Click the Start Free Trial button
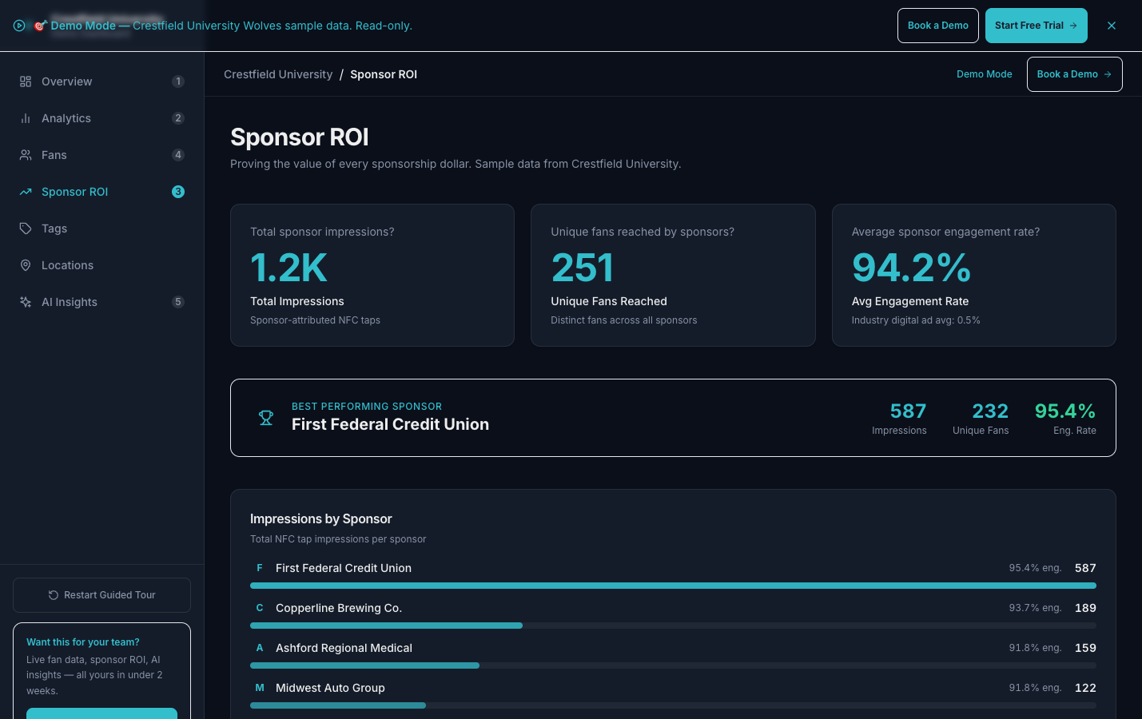coord(1036,26)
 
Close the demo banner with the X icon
coord(1112,26)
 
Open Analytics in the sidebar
coord(66,118)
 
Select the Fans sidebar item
coord(54,155)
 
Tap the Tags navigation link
coord(54,228)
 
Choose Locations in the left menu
coord(67,265)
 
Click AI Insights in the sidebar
coord(70,302)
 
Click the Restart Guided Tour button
coord(101,595)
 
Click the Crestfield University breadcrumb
coord(278,74)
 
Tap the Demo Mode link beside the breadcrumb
coord(984,74)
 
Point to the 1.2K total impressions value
coord(288,268)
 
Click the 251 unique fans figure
coord(582,268)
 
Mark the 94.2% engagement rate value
coord(911,268)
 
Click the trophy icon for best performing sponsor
coord(266,418)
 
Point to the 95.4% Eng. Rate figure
coord(1064,411)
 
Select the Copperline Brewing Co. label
coord(339,608)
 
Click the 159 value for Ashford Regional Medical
coord(1085,648)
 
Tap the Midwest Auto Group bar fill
coord(337,705)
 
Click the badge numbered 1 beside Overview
coord(178,81)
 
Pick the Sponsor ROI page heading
coord(300,137)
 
